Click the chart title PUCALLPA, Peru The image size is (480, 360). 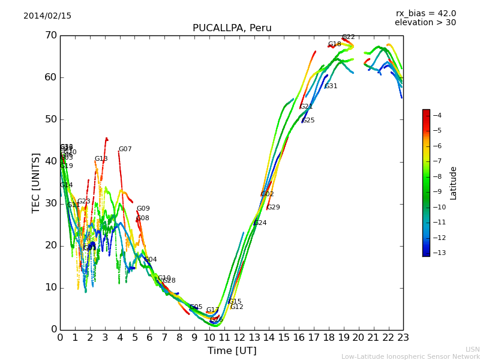(232, 28)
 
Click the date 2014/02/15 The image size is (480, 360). (47, 16)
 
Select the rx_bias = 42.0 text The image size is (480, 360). (425, 14)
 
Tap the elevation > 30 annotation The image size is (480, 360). (425, 23)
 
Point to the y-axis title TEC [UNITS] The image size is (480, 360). (36, 182)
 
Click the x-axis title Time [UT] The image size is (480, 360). (232, 351)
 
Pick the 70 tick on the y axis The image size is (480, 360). (50, 35)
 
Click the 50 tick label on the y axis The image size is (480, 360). (50, 119)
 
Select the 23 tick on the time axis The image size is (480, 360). (403, 338)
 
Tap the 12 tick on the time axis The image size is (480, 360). (239, 338)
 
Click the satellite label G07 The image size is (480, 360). (125, 149)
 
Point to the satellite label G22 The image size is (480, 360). (348, 37)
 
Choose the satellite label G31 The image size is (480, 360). (331, 86)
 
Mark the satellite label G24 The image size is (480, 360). (260, 223)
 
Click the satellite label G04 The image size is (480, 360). (151, 260)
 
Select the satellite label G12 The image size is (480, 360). (236, 307)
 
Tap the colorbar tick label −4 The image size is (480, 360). (437, 115)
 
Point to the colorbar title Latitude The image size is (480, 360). (454, 183)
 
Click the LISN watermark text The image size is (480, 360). (473, 349)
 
